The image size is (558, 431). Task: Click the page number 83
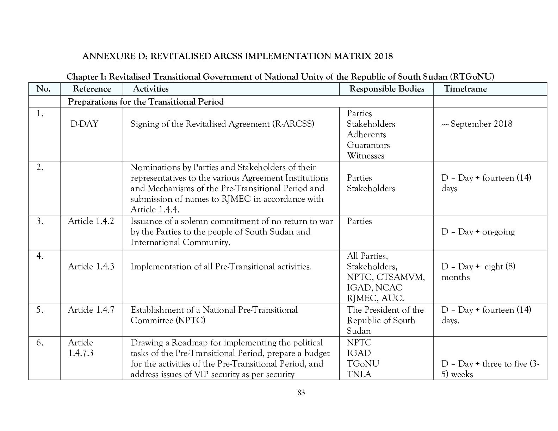tap(301, 393)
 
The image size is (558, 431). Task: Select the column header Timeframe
tap(465, 89)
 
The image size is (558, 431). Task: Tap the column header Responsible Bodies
tap(386, 89)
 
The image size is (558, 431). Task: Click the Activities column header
tap(150, 89)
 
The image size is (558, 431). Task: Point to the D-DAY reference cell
tap(84, 124)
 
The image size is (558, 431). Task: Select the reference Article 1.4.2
tap(91, 221)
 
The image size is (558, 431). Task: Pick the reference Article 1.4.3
tap(91, 267)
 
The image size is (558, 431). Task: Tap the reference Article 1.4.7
tap(91, 310)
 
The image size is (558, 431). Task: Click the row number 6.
tap(40, 343)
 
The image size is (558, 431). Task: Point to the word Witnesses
tap(365, 156)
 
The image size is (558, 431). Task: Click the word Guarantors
tap(368, 145)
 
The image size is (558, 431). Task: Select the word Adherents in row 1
tap(366, 135)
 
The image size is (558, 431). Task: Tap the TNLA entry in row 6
tap(359, 374)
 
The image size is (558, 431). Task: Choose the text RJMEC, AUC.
tap(375, 298)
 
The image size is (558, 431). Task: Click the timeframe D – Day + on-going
tap(478, 232)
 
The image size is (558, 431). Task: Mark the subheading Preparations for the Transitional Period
tap(145, 102)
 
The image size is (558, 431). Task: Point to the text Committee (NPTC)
tap(168, 320)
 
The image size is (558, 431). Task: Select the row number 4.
tap(40, 256)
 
